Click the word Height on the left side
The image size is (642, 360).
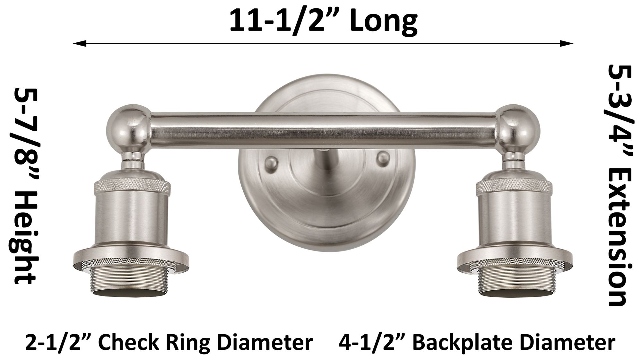pyautogui.click(x=24, y=239)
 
